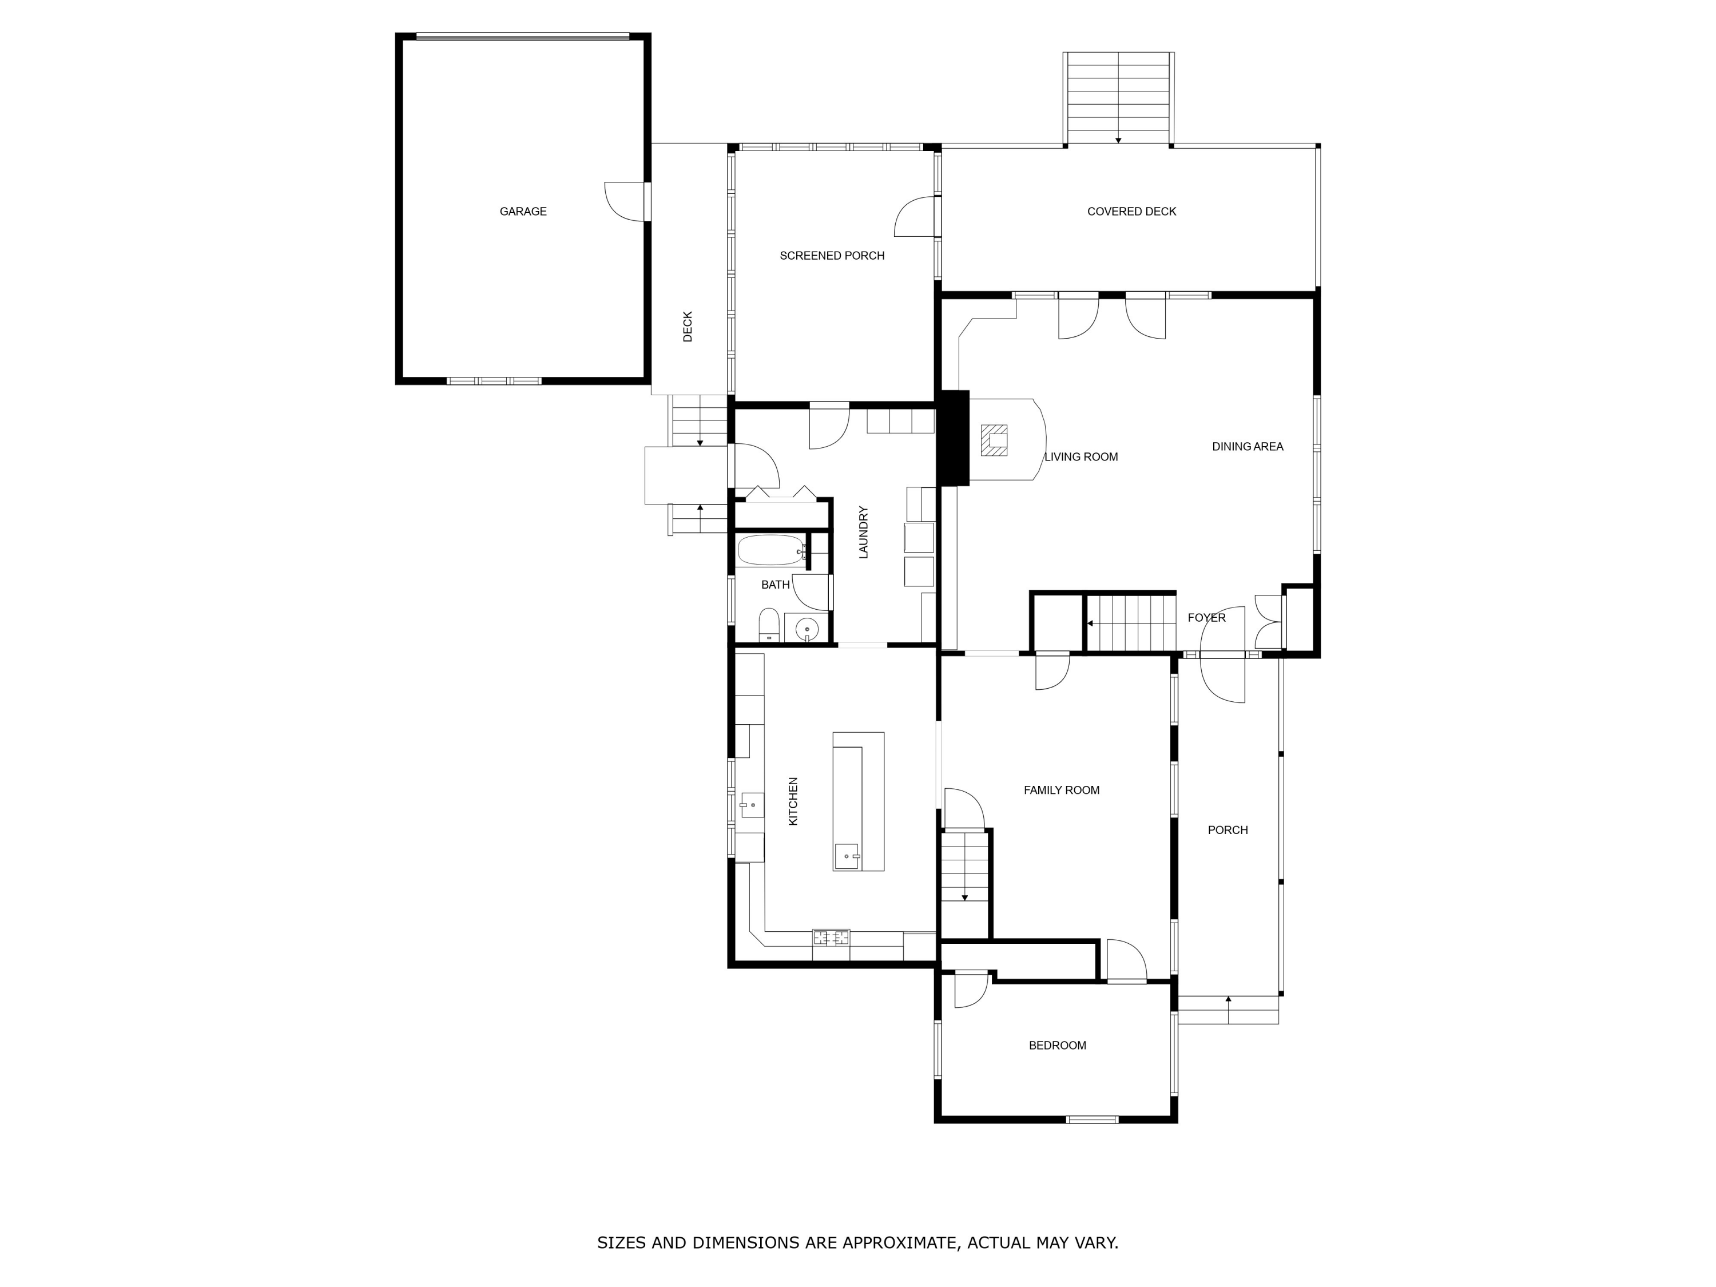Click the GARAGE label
[x=523, y=211]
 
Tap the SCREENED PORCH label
[x=832, y=255]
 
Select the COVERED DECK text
[x=1131, y=211]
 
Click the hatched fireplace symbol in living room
[x=994, y=440]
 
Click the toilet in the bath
[x=769, y=625]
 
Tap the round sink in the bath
[x=807, y=627]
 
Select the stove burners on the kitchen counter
[x=831, y=937]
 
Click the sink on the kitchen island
[x=847, y=856]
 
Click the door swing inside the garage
[x=625, y=202]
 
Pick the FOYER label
[x=1206, y=618]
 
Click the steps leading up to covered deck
[x=1118, y=98]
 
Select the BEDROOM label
[x=1056, y=1045]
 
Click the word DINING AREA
[x=1246, y=446]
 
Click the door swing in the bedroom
[x=971, y=989]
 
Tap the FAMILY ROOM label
[x=1061, y=790]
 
